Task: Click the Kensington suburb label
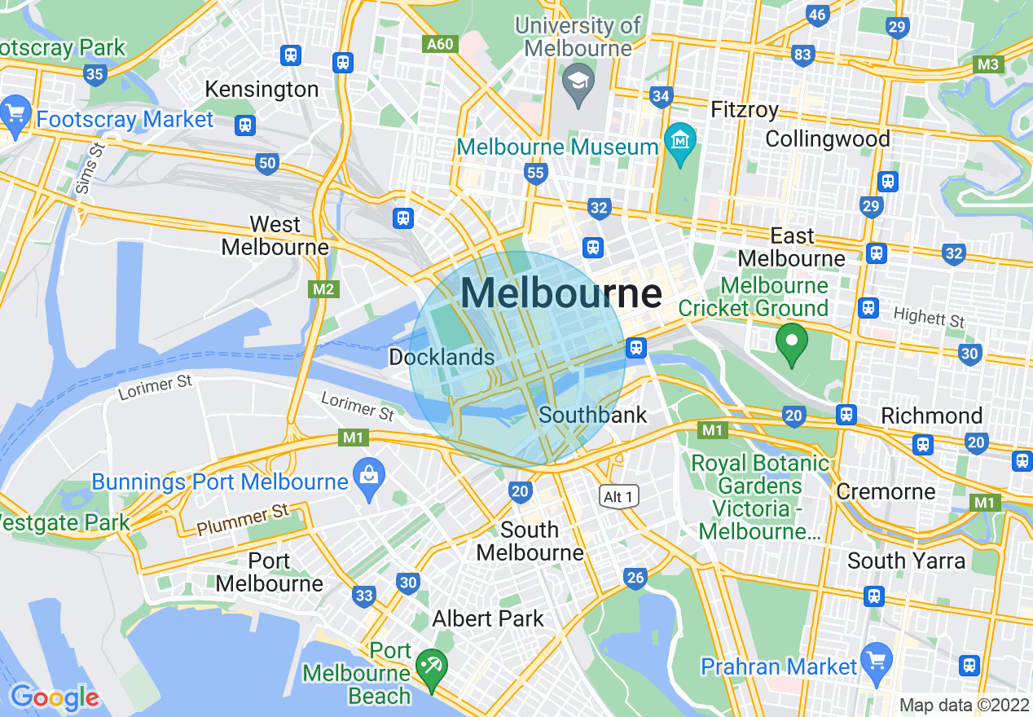262,89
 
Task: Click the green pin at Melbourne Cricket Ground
789,342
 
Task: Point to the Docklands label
442,357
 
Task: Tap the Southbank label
593,415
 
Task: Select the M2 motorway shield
323,288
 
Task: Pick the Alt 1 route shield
618,496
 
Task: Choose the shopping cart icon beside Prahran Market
877,658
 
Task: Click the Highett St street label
929,316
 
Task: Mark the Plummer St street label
243,521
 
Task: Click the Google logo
54,697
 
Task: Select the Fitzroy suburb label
745,109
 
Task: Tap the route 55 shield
535,173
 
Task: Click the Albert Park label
487,618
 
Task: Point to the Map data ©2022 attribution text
964,705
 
